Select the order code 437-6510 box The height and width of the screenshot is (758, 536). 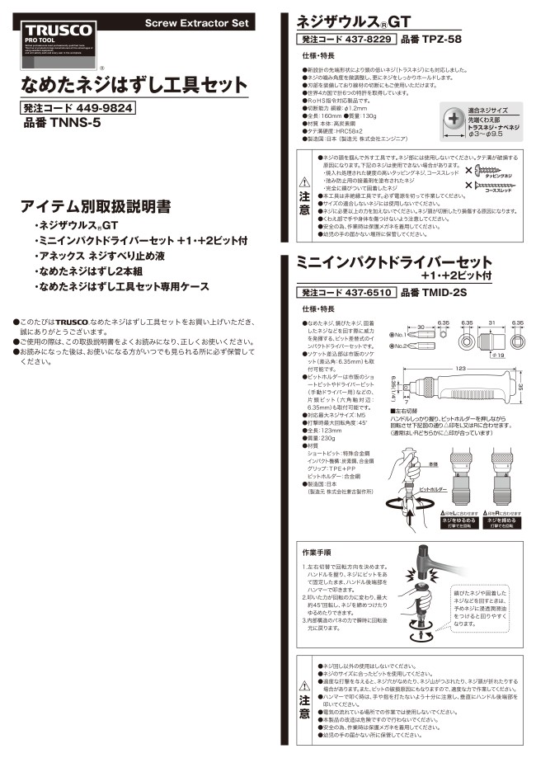[346, 292]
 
